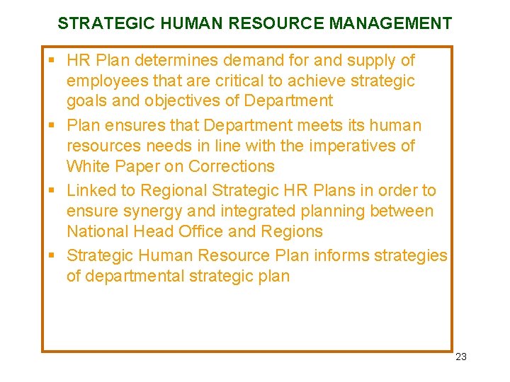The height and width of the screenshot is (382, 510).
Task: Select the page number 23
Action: point(461,357)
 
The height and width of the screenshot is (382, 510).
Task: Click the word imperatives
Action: point(348,146)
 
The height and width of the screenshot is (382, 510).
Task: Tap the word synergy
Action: point(152,212)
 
